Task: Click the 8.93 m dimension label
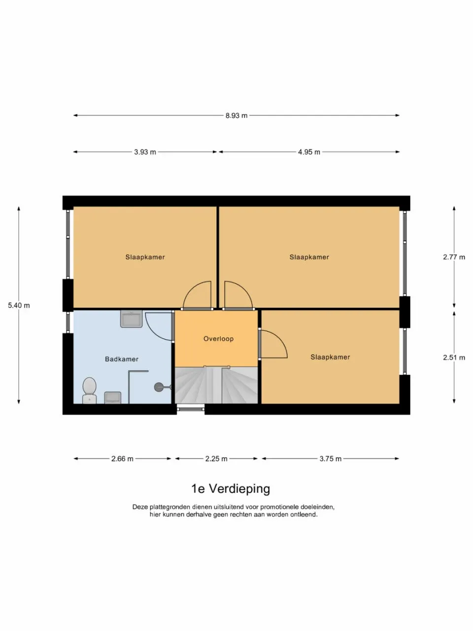click(x=236, y=115)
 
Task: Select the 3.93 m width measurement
click(x=145, y=152)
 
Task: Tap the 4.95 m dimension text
click(x=309, y=152)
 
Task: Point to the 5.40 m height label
click(x=19, y=305)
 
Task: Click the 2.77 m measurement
click(x=454, y=257)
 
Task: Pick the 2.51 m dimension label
click(x=454, y=357)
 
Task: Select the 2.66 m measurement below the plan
click(x=122, y=458)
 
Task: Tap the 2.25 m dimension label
click(x=216, y=458)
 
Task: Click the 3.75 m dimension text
click(x=330, y=458)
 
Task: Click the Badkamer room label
click(x=122, y=359)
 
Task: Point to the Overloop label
click(x=218, y=339)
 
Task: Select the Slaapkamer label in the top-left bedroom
click(x=145, y=257)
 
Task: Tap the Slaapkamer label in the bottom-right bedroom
click(x=330, y=357)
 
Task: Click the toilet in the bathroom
click(x=89, y=389)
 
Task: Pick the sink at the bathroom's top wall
click(x=131, y=318)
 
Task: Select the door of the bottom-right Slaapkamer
click(x=272, y=344)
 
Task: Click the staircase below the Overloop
click(x=216, y=386)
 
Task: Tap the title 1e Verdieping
click(x=231, y=489)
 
